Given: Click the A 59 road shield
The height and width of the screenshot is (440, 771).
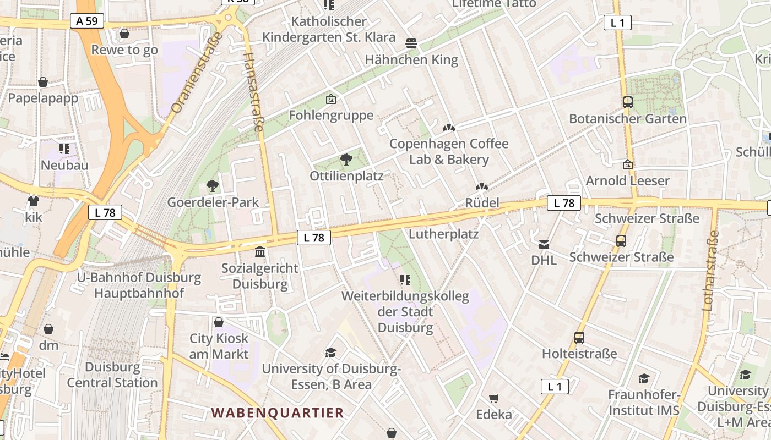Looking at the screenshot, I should [87, 21].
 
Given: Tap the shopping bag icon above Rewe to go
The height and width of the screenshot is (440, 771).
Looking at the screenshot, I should [124, 34].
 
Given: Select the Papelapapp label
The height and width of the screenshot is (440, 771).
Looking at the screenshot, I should [43, 98].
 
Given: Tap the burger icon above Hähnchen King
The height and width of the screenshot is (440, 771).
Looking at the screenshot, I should [411, 43].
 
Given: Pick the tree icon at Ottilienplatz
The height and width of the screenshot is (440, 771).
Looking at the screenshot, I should [346, 160].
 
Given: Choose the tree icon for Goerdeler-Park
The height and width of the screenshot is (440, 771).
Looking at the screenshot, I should [212, 186].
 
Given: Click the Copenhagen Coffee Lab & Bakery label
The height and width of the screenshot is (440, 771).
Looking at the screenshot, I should [449, 152].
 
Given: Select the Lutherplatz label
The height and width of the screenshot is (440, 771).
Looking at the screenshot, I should [444, 234].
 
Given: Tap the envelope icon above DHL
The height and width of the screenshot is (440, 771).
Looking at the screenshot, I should [544, 245].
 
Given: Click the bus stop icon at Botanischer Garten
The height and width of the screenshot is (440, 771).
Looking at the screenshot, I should [627, 102].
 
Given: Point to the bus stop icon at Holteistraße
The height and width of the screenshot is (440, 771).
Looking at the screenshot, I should [579, 338].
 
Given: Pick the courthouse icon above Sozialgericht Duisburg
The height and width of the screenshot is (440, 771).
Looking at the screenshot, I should [260, 252].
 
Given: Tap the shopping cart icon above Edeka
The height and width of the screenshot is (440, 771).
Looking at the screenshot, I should [494, 398].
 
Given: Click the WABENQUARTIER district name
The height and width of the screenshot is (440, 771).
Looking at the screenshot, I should [278, 413].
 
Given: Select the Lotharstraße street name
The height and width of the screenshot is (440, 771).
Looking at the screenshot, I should [711, 271].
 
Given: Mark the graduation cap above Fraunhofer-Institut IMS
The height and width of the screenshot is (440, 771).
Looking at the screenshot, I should [644, 378].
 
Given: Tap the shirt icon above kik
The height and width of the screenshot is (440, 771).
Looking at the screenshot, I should [34, 201].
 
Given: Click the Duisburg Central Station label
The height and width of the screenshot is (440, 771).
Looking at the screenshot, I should [112, 375].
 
